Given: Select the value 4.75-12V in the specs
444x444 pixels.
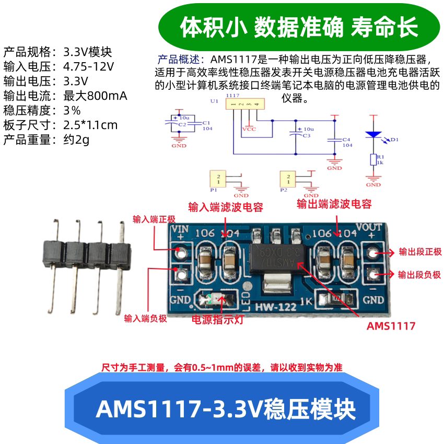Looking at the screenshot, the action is pos(88,67).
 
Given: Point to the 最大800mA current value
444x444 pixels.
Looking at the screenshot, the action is pos(95,96).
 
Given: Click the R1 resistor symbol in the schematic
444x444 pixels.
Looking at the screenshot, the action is pos(373,159).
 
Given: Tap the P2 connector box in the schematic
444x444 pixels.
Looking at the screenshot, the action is pos(288,178).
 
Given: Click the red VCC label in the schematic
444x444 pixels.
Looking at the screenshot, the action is pos(250,128).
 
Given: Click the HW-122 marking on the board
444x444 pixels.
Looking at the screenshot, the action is pos(273,307).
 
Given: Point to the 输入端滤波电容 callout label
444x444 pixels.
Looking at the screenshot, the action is pos(225,207).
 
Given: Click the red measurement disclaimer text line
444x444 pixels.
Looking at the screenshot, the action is pos(221,367).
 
